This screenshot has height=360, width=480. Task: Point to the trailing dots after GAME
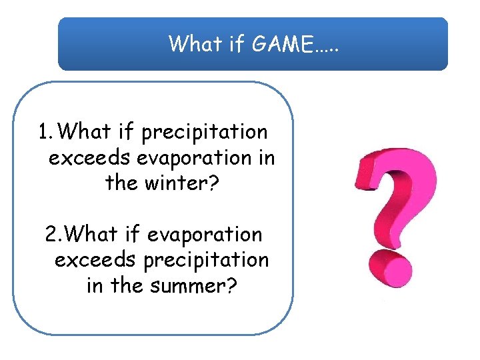click(x=326, y=48)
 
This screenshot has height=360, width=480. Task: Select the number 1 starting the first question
click(x=43, y=132)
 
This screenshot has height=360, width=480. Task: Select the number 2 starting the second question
click(x=51, y=235)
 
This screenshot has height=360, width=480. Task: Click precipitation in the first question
click(x=205, y=132)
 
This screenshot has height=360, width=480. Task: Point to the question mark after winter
click(x=213, y=183)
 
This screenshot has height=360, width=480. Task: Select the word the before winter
click(x=122, y=183)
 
